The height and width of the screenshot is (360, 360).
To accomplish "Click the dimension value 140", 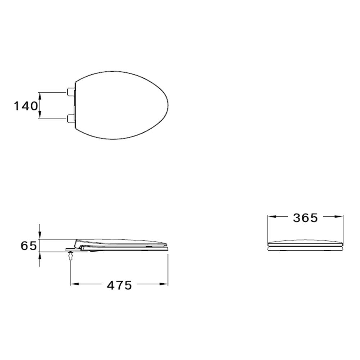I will pos(26,106).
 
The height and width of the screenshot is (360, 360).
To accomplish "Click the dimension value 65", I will pos(28,246).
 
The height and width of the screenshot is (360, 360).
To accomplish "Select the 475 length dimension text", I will pos(120,285).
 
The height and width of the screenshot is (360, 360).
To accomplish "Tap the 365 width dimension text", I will pos(305,218).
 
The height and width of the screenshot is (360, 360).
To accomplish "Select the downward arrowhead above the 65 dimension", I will pos(40,235).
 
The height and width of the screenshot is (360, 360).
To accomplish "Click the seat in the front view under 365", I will pos(306,245).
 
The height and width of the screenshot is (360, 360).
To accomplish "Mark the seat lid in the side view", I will pos(122,242).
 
